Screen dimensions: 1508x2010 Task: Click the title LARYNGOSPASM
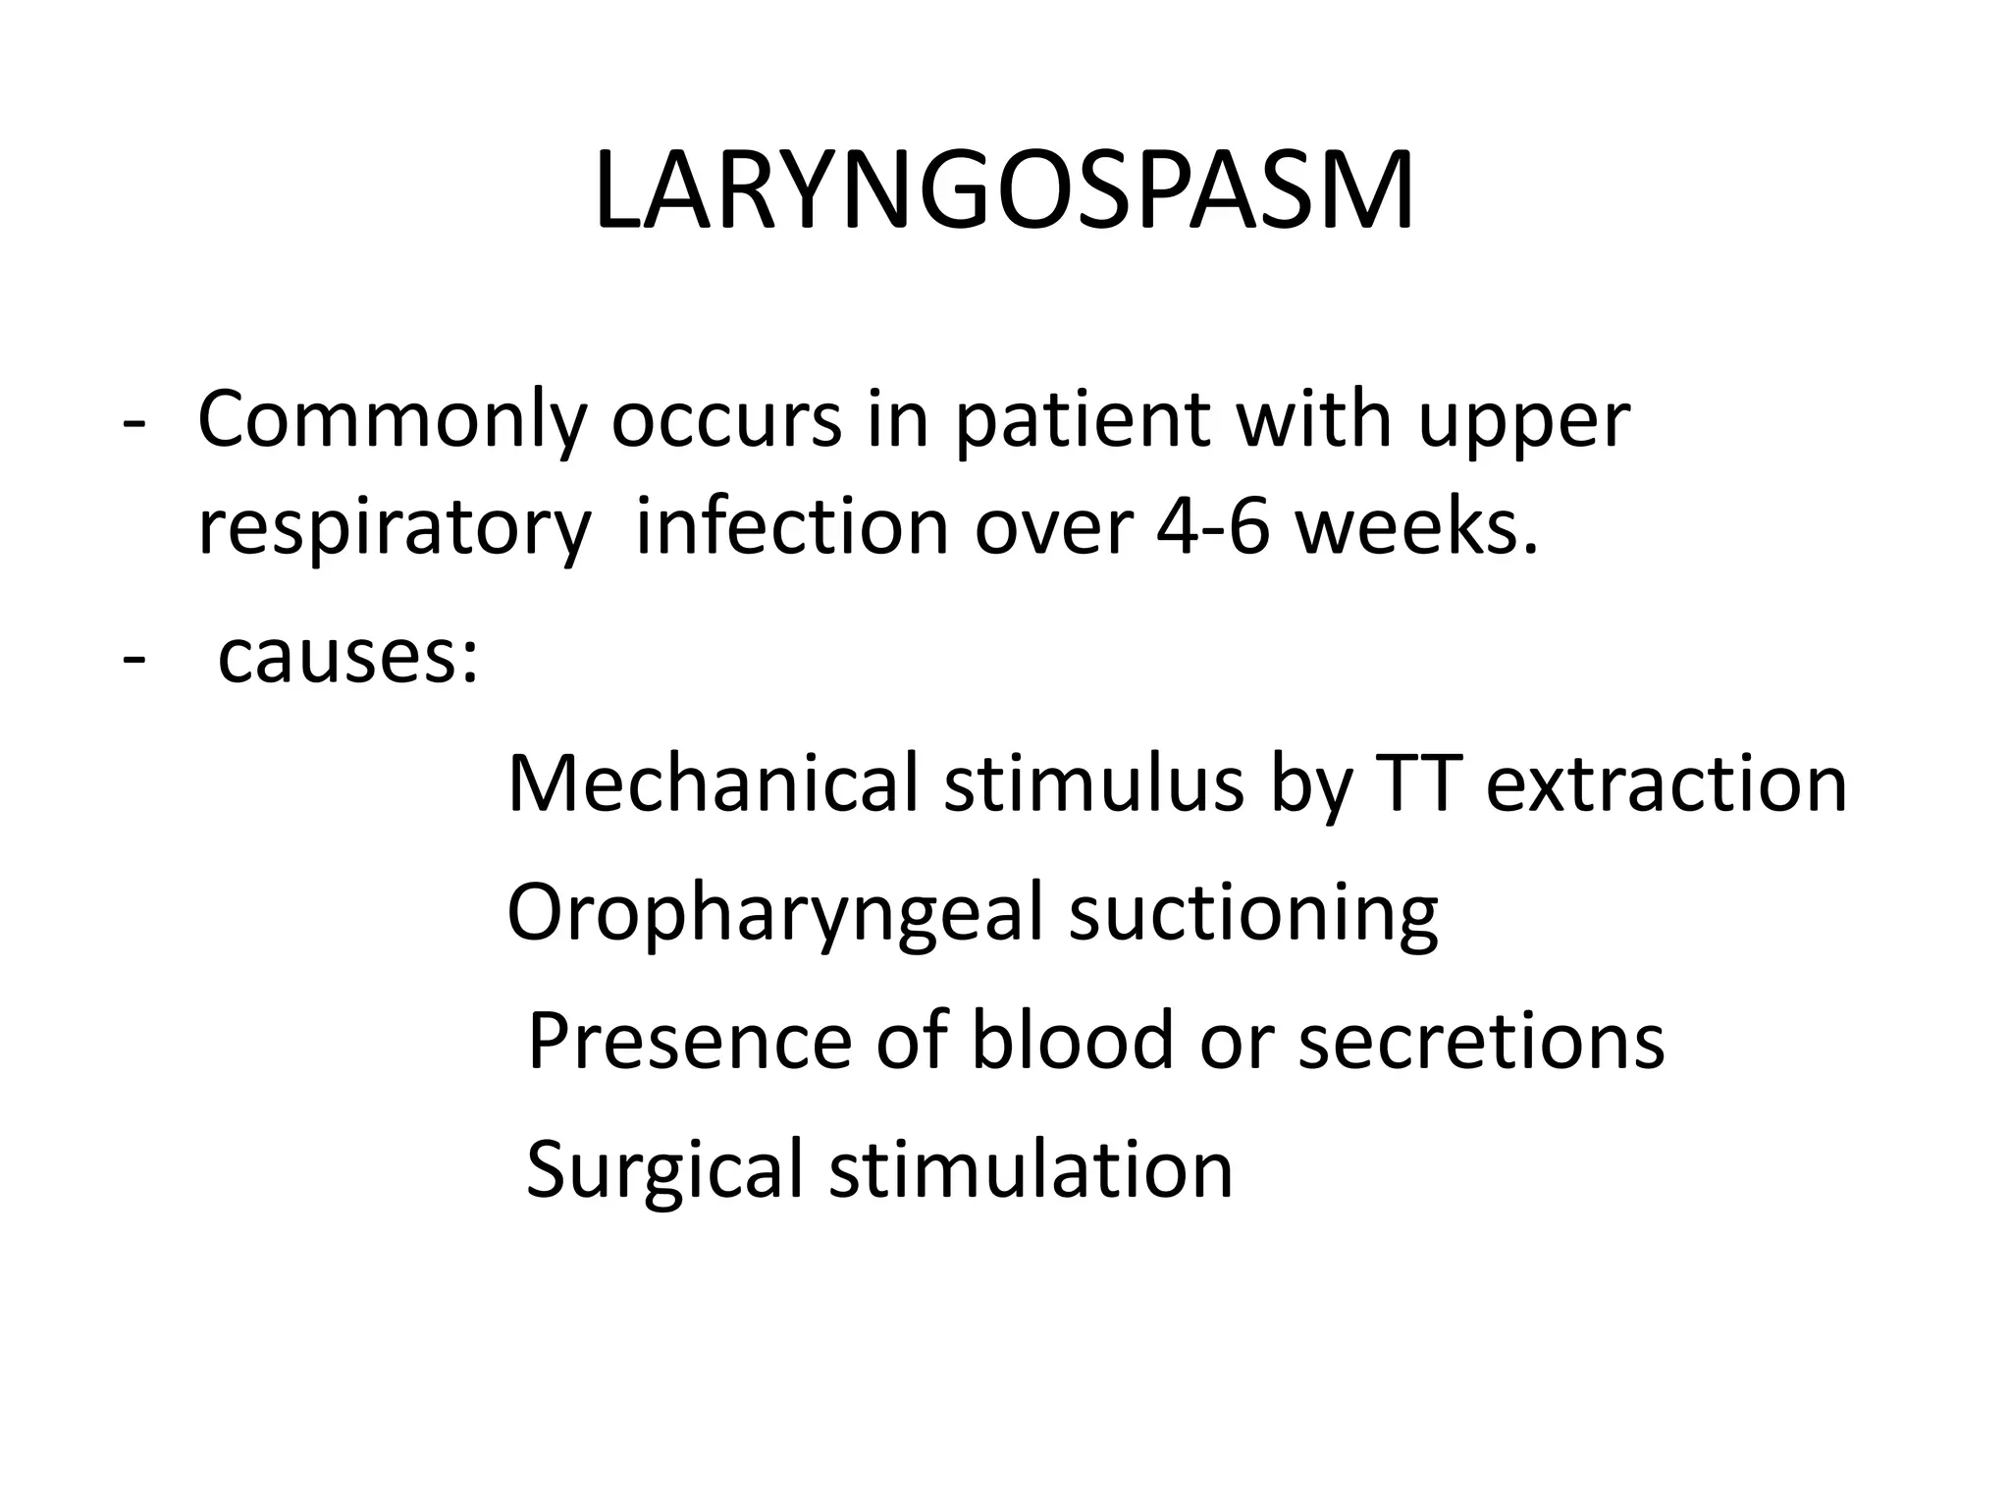(x=1004, y=191)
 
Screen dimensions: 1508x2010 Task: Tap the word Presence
(x=690, y=1041)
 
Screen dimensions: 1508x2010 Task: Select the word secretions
(x=1482, y=1041)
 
